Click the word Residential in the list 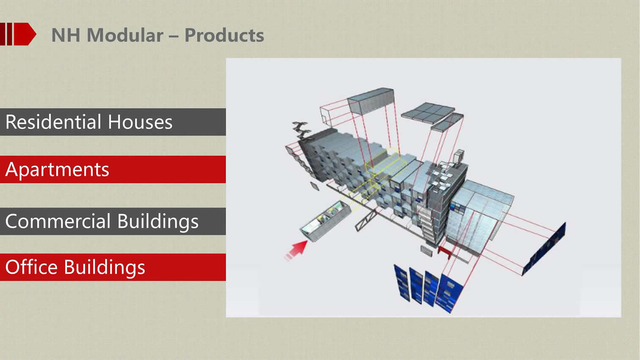tap(53, 122)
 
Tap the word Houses tap(140, 122)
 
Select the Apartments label tap(57, 170)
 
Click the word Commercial tap(58, 221)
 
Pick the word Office tap(31, 267)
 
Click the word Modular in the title tap(125, 36)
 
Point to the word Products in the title tap(224, 36)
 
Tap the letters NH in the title tap(66, 36)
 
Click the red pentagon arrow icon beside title tap(25, 34)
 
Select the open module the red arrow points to tap(325, 221)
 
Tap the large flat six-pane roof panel tap(428, 113)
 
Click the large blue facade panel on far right tap(544, 249)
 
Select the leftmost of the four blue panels tap(402, 283)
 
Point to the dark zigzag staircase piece tap(301, 130)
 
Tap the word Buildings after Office tap(105, 268)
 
